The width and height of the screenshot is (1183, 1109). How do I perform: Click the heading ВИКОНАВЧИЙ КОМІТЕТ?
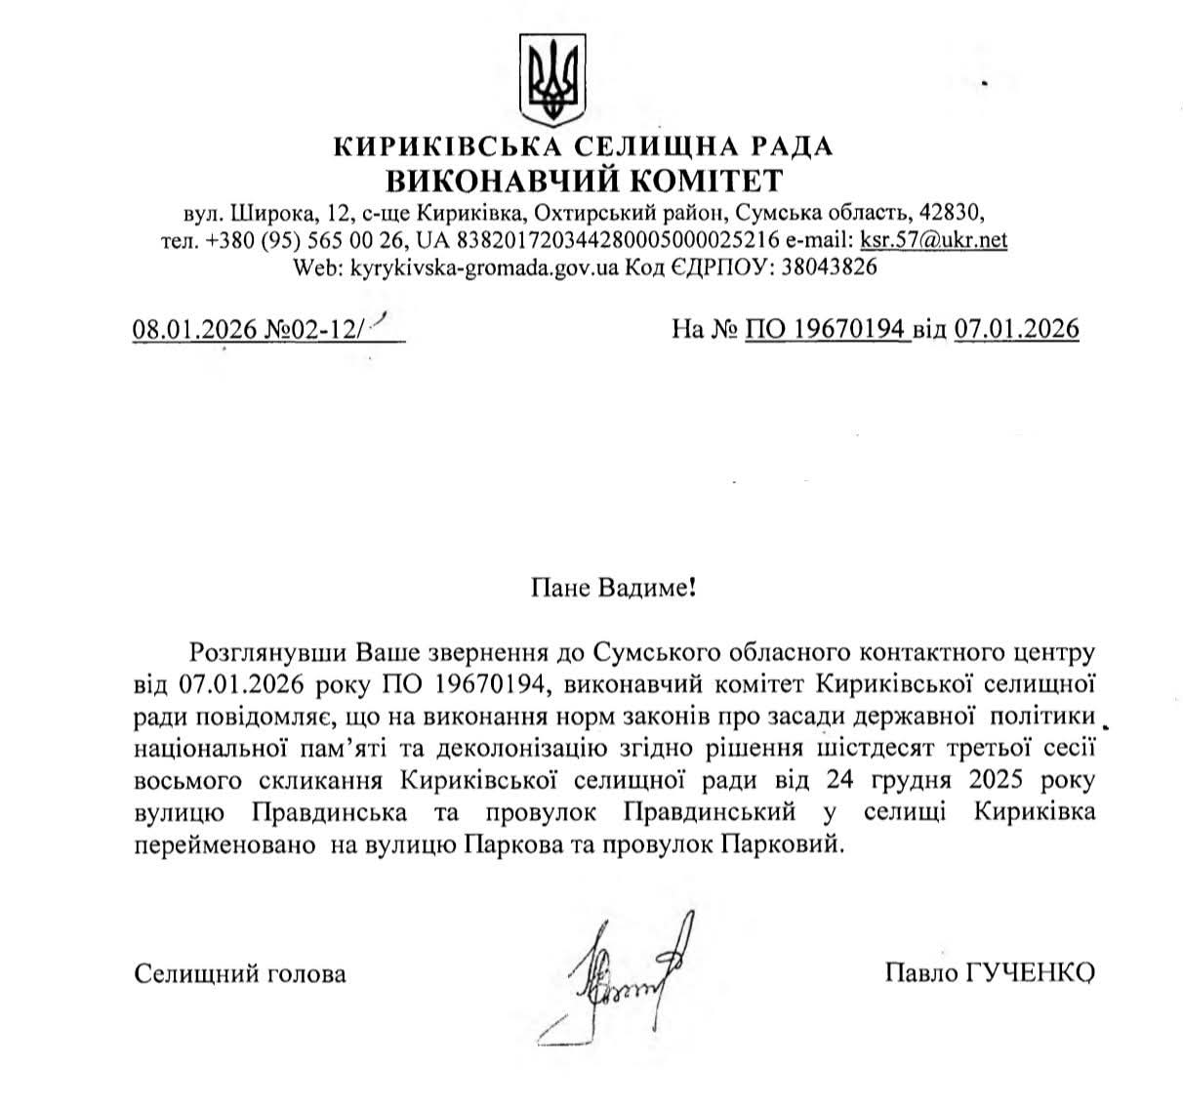584,180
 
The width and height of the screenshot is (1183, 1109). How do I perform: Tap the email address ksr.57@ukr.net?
933,239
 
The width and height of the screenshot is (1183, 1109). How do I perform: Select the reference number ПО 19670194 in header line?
828,329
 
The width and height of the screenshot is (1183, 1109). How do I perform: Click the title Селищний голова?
240,973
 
